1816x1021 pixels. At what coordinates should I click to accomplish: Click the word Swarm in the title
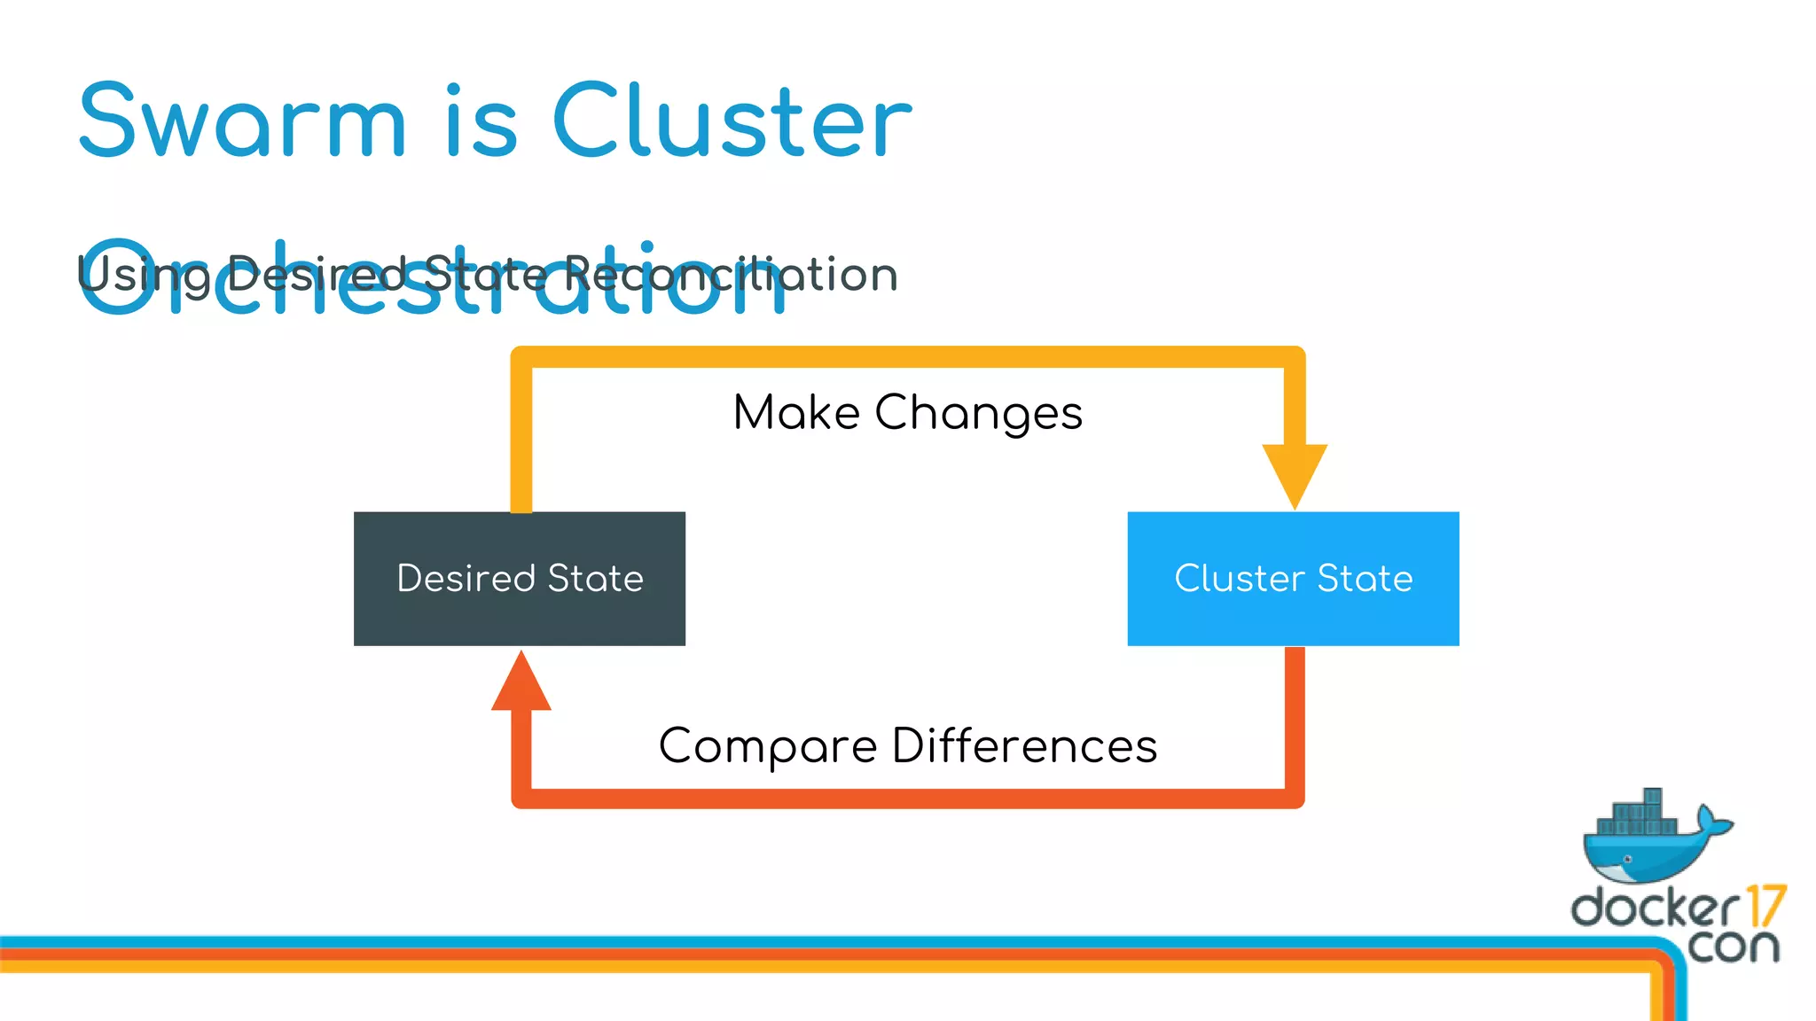point(241,121)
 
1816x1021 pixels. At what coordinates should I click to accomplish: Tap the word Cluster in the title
point(732,121)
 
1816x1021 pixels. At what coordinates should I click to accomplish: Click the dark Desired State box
point(520,579)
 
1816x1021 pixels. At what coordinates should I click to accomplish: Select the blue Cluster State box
point(1293,579)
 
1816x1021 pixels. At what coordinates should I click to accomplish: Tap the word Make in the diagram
point(796,413)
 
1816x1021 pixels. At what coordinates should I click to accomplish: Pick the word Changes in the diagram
point(978,413)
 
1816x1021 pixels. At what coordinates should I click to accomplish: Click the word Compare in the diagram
point(768,746)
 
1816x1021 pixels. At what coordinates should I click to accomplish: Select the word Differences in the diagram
point(1024,746)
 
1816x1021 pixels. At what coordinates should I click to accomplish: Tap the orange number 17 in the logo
point(1765,907)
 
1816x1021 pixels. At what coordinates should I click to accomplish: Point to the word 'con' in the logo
point(1733,947)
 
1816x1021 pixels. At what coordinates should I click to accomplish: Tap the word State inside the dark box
point(595,579)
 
